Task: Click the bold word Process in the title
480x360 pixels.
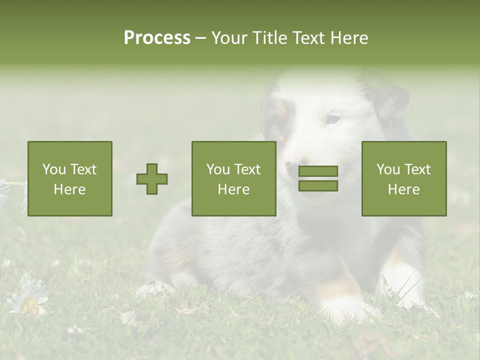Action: point(157,38)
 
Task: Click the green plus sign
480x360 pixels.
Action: point(152,179)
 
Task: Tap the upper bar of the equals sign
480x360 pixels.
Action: point(318,171)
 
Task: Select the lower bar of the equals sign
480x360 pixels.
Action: point(318,186)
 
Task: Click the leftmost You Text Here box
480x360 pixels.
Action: point(70,178)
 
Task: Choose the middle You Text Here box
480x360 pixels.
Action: point(233,178)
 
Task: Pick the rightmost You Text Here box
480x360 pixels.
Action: point(404,178)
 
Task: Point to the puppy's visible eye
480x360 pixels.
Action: point(333,119)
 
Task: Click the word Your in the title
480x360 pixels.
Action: point(228,38)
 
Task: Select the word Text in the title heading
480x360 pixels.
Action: point(306,38)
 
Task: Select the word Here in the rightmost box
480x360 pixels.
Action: point(404,189)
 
